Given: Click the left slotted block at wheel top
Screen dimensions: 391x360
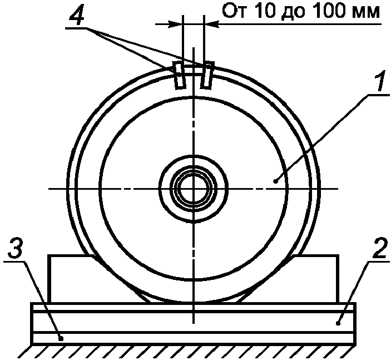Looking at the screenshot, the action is pyautogui.click(x=180, y=75).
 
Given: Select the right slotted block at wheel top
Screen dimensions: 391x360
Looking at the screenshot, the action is pyautogui.click(x=206, y=75).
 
